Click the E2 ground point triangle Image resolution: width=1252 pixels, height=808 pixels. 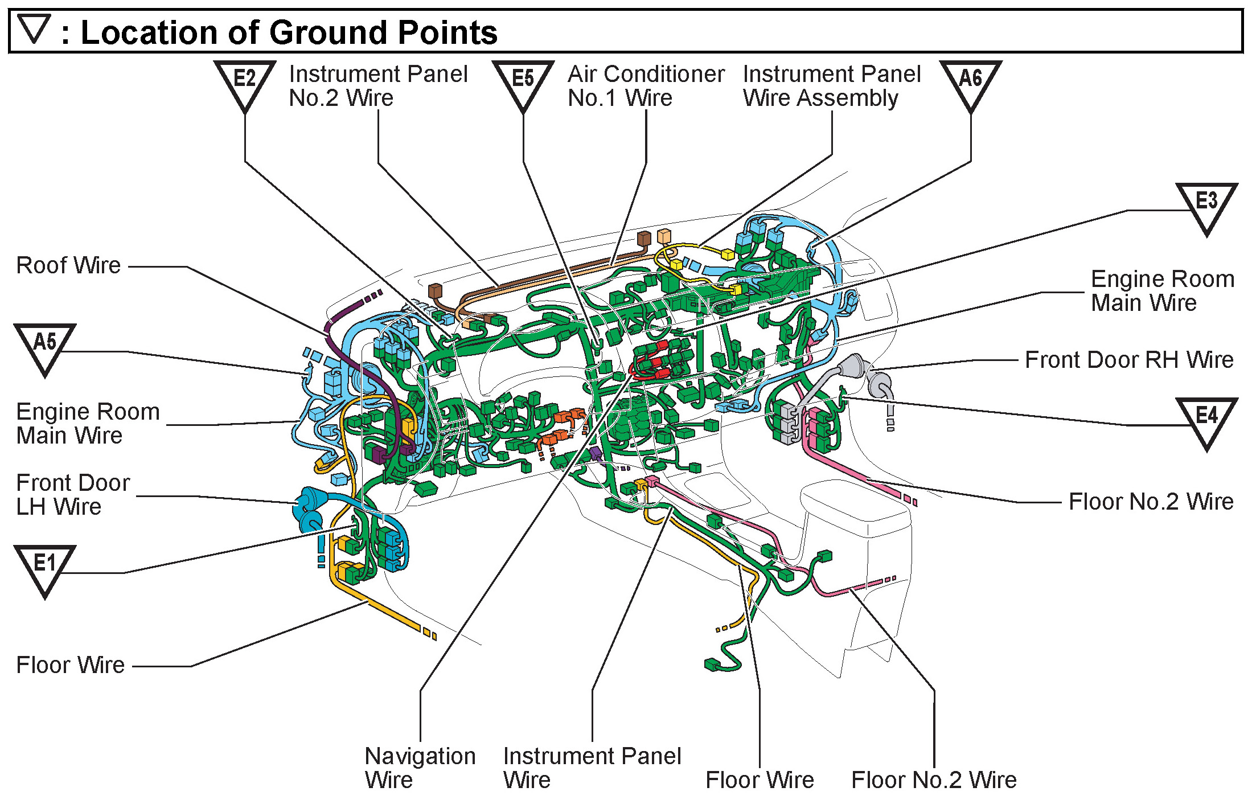245,83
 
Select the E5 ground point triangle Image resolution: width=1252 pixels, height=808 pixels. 523,83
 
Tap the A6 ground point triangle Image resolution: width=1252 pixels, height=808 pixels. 971,83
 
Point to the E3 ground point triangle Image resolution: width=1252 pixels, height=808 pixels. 1206,205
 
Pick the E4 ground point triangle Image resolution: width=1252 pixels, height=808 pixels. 1206,420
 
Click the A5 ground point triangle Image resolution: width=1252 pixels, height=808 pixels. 45,346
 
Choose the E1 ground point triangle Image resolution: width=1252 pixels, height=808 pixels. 45,567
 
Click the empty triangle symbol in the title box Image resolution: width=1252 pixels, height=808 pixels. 34,28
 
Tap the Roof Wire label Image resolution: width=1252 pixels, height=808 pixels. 68,265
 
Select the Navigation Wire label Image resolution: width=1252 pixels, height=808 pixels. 420,768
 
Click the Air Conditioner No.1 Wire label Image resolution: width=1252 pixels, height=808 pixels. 646,86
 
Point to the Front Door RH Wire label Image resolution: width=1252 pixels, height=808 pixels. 1129,360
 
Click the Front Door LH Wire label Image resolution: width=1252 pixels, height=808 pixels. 73,494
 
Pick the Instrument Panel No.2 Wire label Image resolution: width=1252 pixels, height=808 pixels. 378,86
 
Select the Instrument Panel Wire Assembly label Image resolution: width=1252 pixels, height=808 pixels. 832,86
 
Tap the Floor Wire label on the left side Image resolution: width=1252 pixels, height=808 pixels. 70,665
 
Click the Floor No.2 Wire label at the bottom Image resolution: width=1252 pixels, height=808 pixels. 934,780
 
